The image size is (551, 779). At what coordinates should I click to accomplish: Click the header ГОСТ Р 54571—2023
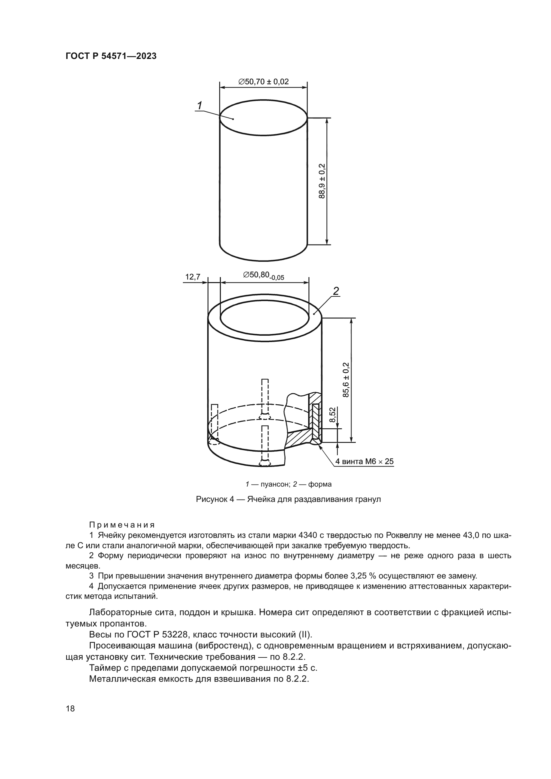[x=111, y=56]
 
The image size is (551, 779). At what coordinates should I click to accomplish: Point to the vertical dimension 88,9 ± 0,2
[x=322, y=181]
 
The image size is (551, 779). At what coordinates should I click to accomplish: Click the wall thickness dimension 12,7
[x=192, y=277]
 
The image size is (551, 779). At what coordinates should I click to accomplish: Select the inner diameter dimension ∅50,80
[x=263, y=275]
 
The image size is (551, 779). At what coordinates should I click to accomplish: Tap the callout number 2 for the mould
[x=336, y=290]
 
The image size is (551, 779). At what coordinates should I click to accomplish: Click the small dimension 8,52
[x=332, y=415]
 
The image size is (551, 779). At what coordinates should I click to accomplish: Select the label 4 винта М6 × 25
[x=364, y=461]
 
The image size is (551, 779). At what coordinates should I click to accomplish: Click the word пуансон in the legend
[x=275, y=485]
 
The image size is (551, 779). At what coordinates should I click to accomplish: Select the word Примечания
[x=122, y=525]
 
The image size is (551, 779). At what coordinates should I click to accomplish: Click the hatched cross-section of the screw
[x=316, y=421]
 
